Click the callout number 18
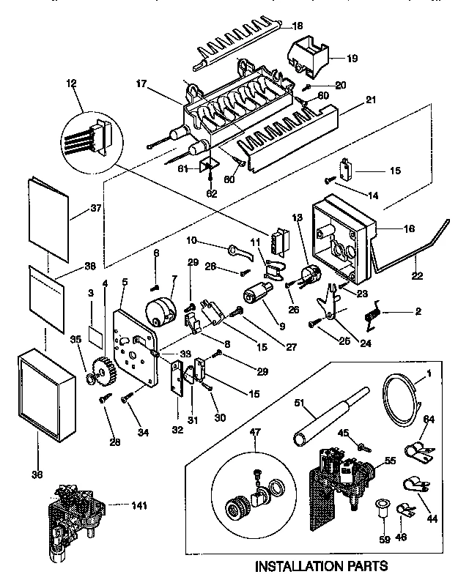[x=297, y=26]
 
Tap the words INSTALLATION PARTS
[x=320, y=565]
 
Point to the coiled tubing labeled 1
[x=400, y=400]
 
